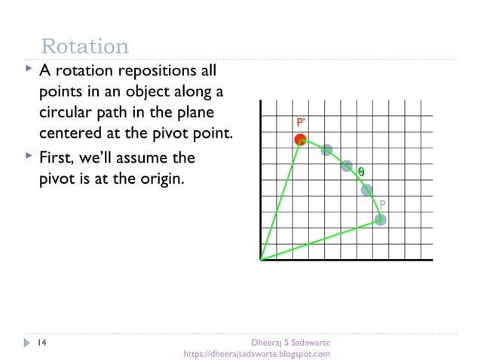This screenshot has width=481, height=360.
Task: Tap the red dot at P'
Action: [x=300, y=139]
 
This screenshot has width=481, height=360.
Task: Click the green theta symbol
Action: [x=361, y=172]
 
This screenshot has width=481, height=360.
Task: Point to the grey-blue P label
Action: [x=382, y=204]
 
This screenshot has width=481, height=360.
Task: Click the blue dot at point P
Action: [x=381, y=220]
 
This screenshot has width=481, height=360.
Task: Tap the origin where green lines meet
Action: [x=260, y=260]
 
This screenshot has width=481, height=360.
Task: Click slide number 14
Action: [x=42, y=343]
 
